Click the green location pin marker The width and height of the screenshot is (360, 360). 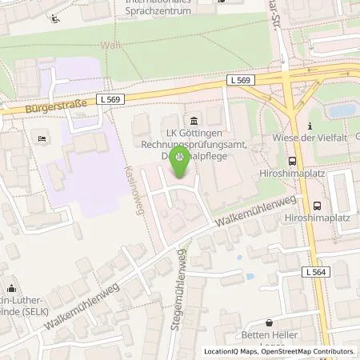tap(180, 162)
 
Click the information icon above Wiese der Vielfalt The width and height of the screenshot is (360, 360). tap(310, 126)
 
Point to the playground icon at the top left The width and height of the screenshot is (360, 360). tap(54, 18)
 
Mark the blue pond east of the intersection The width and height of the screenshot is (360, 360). tap(339, 110)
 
